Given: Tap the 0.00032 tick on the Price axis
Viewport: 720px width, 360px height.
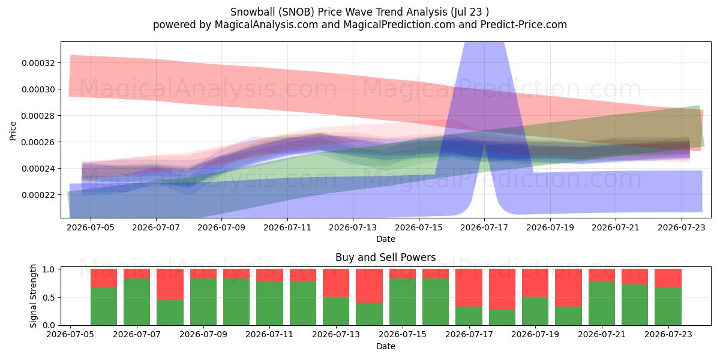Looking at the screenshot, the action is pos(38,63).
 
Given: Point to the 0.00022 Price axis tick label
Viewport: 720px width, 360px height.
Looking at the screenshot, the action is pos(38,195).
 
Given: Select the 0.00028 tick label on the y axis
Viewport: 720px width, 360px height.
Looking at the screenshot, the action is pos(38,116).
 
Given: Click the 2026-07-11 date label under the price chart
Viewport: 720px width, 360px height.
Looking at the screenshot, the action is pos(287,227).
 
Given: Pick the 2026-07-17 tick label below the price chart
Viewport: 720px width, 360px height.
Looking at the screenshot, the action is pos(484,227).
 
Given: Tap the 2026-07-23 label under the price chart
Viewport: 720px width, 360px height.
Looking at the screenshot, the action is pos(682,227).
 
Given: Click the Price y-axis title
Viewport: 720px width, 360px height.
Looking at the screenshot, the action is pos(13,131).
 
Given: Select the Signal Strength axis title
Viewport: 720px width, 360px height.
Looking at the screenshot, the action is pos(33,296).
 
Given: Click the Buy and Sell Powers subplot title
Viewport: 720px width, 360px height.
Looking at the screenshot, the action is pos(386,257).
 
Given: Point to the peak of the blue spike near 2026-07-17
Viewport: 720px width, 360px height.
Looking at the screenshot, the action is pos(484,43).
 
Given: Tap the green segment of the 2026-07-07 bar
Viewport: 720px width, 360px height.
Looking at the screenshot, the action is pos(137,302).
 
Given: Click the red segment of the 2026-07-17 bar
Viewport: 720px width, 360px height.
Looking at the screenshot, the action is pos(469,287).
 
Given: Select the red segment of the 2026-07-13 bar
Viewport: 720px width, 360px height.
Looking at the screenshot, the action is pos(336,283).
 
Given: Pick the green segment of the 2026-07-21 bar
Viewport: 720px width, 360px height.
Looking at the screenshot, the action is pos(602,304).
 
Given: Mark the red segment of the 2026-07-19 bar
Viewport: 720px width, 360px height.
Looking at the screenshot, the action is pos(535,283).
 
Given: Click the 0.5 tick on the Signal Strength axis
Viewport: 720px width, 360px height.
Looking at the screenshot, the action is pos(49,298).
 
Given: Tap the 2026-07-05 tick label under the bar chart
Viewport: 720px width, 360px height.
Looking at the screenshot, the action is pos(70,335).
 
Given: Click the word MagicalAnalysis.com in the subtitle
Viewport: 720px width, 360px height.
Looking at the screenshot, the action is pos(266,25).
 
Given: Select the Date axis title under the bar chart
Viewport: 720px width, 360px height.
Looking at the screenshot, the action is pos(386,347).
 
